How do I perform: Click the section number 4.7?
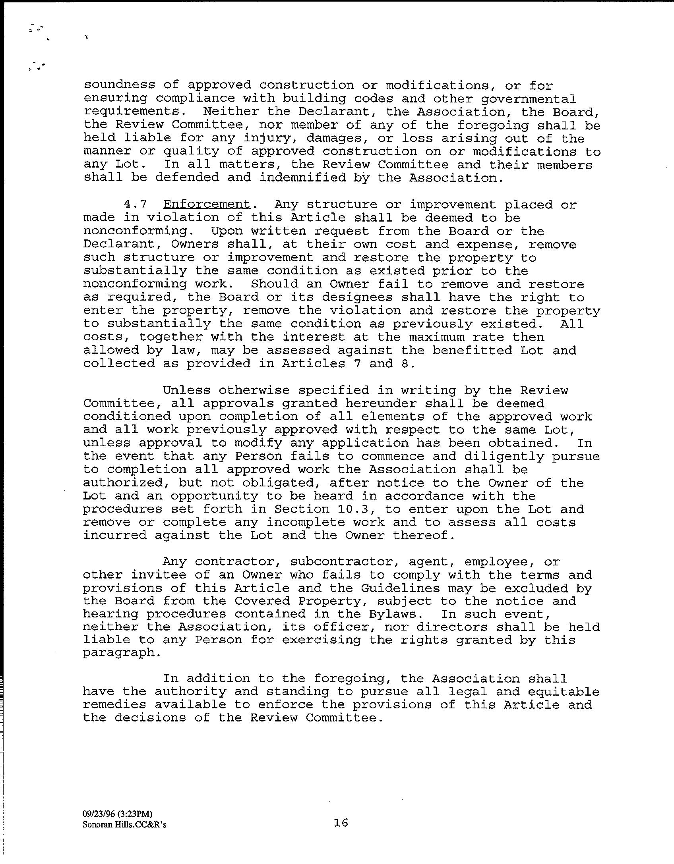point(135,204)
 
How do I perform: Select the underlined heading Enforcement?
point(207,204)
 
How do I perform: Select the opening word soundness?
point(119,85)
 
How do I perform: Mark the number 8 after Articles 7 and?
point(405,363)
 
